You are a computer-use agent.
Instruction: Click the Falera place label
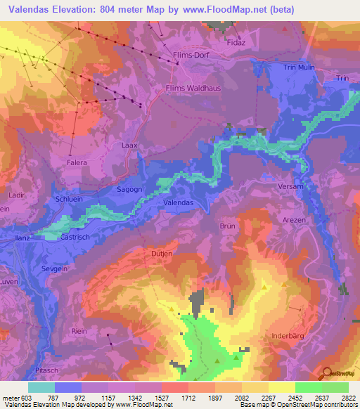click(x=76, y=162)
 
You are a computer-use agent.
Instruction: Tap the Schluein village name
click(x=69, y=200)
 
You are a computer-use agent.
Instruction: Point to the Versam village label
click(x=271, y=187)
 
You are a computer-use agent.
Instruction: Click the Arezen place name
click(x=294, y=220)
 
